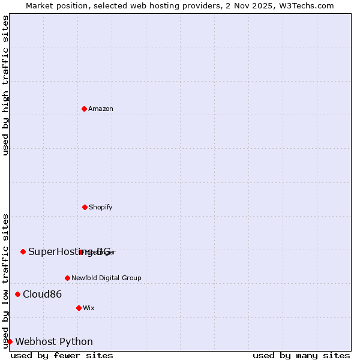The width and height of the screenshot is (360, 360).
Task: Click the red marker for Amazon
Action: (84, 109)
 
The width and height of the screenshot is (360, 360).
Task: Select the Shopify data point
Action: (85, 207)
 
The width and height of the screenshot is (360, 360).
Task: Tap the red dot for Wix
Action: (79, 308)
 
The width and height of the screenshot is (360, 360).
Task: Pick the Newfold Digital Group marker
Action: (67, 278)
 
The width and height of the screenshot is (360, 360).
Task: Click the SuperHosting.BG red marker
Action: (23, 251)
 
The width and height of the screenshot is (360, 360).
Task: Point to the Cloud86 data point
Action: (17, 294)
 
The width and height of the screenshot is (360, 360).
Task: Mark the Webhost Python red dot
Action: (10, 341)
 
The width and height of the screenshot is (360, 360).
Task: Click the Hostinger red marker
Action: (81, 252)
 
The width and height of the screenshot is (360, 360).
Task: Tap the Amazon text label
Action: (101, 109)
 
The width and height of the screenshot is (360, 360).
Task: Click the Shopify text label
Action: (101, 207)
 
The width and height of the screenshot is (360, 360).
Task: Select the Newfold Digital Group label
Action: (106, 278)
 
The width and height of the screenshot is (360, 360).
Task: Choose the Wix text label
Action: (89, 308)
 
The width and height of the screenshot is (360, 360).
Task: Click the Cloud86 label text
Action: (42, 294)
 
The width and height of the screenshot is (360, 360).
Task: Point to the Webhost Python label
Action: (54, 341)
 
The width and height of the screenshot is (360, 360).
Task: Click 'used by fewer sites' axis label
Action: (62, 355)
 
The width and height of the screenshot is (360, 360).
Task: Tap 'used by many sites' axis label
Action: (301, 355)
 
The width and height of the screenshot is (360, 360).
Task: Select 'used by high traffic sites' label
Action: (5, 85)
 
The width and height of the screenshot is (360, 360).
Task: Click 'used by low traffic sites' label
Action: (5, 280)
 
